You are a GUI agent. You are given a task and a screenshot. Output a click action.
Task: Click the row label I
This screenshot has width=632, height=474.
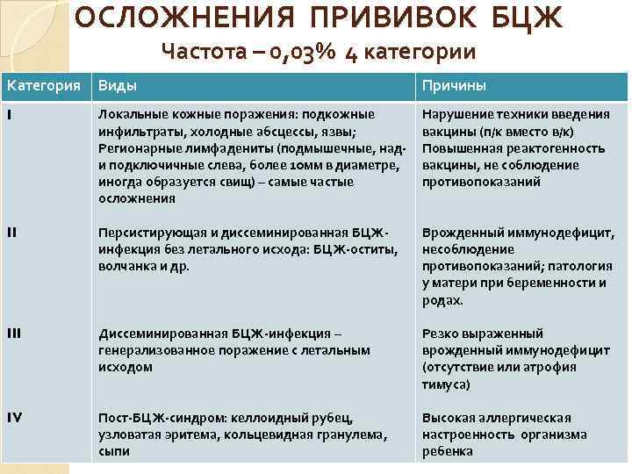point(10,114)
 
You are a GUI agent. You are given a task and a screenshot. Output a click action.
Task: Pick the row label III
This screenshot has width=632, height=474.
point(15,334)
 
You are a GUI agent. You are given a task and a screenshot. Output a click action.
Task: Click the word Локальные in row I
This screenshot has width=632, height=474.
point(133,114)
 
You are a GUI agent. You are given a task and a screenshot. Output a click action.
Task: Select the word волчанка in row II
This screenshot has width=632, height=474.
point(126,265)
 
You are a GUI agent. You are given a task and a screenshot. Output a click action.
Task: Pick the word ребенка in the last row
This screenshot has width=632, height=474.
point(447,451)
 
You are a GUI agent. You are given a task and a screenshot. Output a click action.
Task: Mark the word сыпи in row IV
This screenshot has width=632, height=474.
point(113,451)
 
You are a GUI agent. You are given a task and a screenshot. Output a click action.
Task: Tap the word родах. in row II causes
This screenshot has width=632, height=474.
point(442,299)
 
